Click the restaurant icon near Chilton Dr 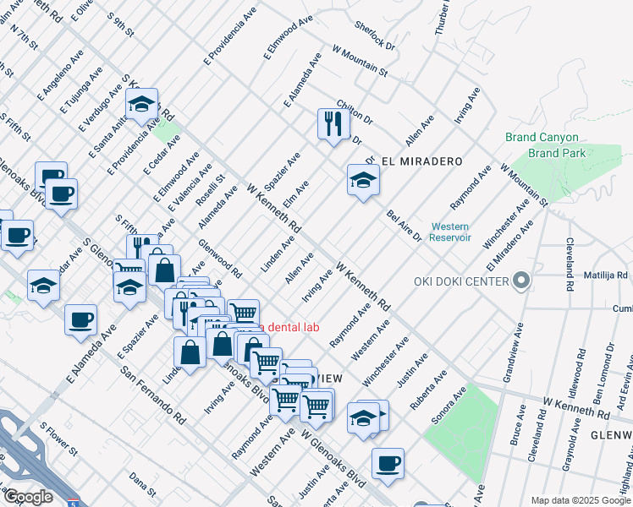pyautogui.click(x=333, y=123)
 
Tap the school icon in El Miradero pyautogui.click(x=362, y=180)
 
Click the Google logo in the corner pyautogui.click(x=28, y=497)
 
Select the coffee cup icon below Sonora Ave pyautogui.click(x=388, y=463)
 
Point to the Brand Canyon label pyautogui.click(x=542, y=137)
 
